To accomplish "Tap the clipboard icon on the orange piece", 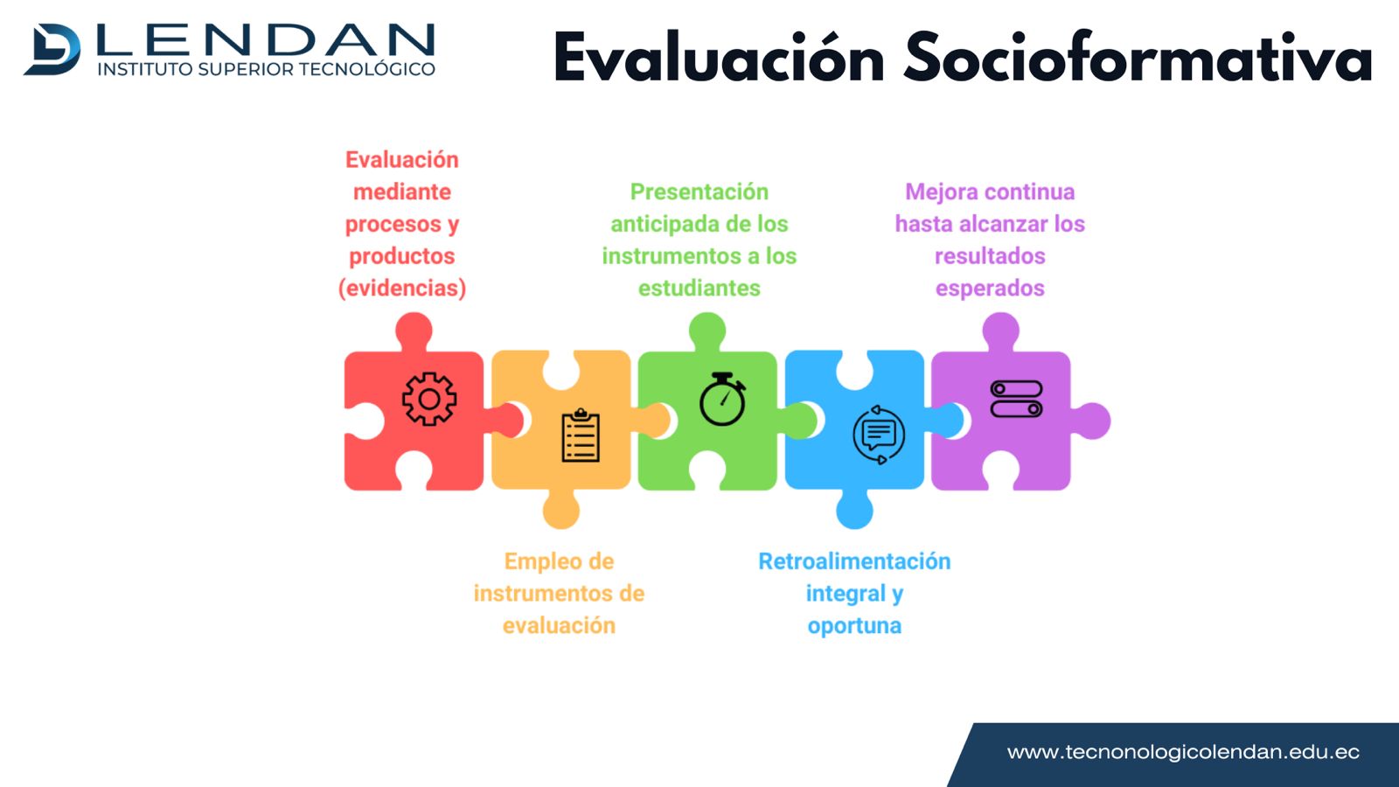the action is point(581,435).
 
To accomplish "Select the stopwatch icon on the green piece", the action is point(722,399).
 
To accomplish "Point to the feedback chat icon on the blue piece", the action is point(879,435).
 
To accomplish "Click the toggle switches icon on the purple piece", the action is point(1016,399).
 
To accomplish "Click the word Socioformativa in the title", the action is point(1138,58).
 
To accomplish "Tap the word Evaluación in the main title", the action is point(718,57).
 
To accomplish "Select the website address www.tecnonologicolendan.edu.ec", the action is point(1183,752).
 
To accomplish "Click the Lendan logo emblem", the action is point(52,49).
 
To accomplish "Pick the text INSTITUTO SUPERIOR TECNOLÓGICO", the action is point(266,69).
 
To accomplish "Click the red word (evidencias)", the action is point(402,288).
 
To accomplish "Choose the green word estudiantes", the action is point(699,288).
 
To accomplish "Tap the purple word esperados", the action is point(990,289).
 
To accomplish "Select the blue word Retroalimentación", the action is point(854,561).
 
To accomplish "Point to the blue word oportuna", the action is point(854,626).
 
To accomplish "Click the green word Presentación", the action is point(699,192).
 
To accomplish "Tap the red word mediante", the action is point(402,192).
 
